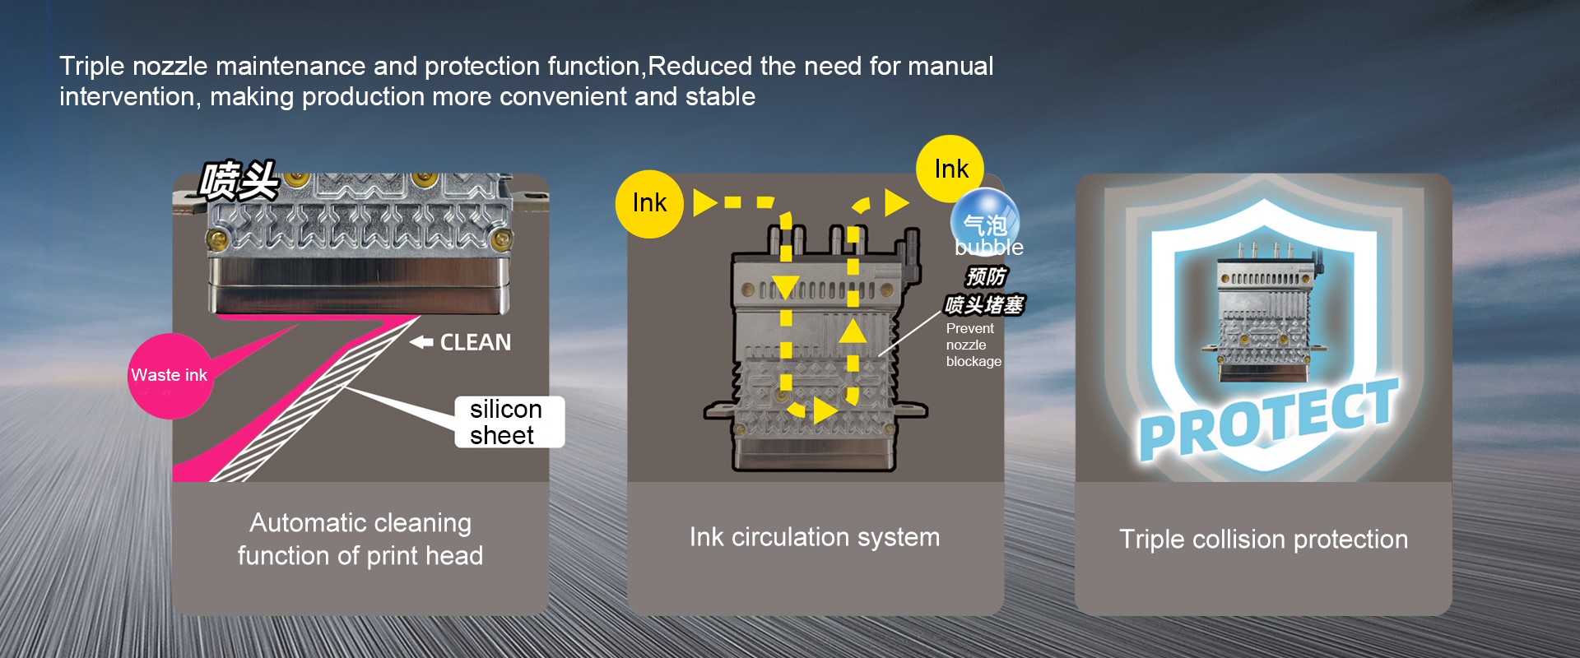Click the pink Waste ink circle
click(170, 376)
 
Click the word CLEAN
click(475, 342)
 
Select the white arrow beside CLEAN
click(421, 342)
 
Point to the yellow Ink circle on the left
click(649, 204)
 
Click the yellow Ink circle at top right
click(950, 169)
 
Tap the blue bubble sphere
click(985, 220)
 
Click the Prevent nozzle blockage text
click(973, 345)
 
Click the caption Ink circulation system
click(814, 537)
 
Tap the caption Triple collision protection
click(1263, 540)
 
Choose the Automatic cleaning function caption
click(360, 539)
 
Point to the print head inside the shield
click(1264, 313)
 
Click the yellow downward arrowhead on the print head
click(786, 287)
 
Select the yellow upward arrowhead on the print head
click(853, 331)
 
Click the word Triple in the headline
click(92, 66)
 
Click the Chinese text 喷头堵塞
click(984, 305)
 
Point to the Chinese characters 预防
click(986, 276)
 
